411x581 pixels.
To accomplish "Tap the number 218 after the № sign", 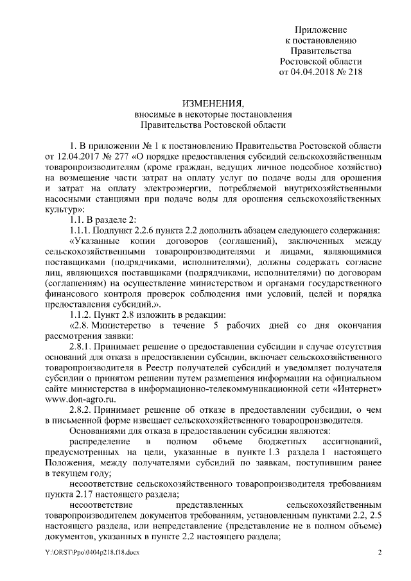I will tap(353, 71).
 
